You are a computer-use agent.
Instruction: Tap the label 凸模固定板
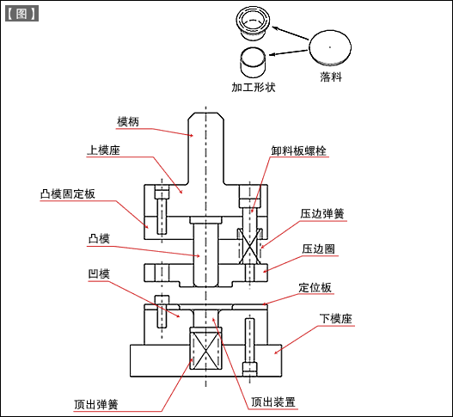[67, 194]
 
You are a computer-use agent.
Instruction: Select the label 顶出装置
[272, 402]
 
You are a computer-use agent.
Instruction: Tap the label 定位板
[315, 288]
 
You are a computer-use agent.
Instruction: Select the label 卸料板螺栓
[298, 150]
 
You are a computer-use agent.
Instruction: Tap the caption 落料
[331, 77]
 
